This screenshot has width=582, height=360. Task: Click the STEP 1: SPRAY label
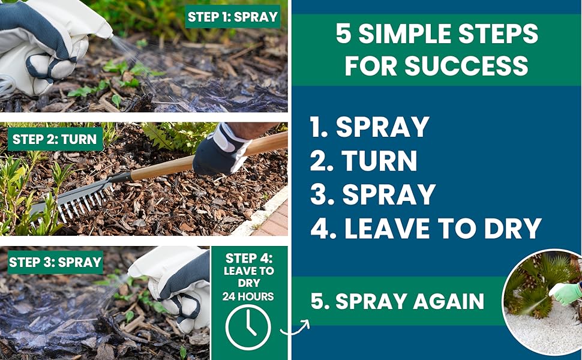[233, 17]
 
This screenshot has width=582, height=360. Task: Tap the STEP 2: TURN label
[55, 139]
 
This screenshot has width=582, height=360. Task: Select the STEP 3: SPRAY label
[55, 262]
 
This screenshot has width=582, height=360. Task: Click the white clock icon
[248, 328]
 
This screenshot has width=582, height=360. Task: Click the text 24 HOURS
[248, 296]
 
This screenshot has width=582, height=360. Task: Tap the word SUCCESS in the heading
[436, 65]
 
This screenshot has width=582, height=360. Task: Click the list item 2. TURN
[364, 161]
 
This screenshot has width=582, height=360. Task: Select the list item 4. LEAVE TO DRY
[425, 228]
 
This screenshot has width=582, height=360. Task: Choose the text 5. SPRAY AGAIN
[397, 301]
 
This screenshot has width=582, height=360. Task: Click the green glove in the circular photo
[565, 293]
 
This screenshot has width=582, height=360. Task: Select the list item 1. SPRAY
[370, 127]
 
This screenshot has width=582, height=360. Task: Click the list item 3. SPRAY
[373, 195]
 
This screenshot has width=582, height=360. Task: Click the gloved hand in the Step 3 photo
[174, 282]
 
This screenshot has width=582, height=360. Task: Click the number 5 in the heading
[343, 34]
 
